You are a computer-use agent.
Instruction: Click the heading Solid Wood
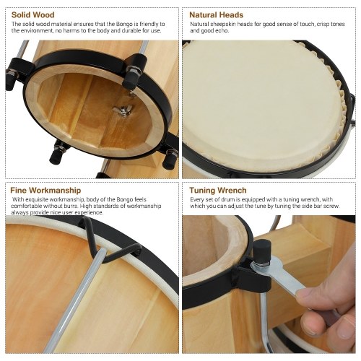33,15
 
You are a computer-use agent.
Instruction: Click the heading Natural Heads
216,15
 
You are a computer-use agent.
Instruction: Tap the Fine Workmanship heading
45,191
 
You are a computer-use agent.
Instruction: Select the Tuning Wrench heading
218,191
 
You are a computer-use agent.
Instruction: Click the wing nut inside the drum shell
123,111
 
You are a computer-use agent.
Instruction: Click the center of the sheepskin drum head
260,106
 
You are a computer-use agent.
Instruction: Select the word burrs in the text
71,206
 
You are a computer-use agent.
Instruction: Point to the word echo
223,31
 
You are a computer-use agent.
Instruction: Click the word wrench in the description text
310,200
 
